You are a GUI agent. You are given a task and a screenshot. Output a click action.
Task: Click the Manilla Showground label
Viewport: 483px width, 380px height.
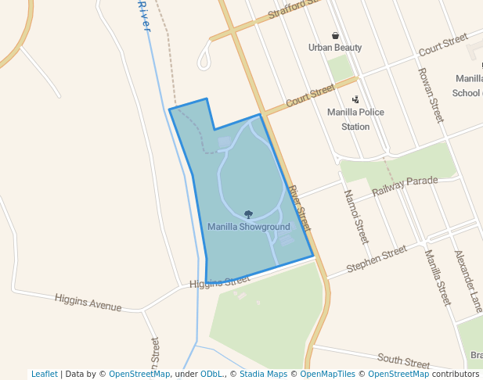click(248, 227)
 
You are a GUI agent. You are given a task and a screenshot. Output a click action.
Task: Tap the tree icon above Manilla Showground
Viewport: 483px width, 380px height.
click(248, 214)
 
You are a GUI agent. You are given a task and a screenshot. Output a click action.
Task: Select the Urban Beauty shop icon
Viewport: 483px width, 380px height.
click(335, 35)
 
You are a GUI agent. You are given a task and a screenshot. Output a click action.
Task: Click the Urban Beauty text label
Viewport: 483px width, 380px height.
click(335, 48)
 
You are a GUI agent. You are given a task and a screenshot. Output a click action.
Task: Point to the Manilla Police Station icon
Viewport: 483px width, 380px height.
click(355, 99)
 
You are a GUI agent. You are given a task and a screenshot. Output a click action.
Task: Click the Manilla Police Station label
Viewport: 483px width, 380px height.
click(355, 119)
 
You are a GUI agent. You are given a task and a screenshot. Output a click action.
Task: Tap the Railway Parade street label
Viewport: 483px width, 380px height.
click(404, 186)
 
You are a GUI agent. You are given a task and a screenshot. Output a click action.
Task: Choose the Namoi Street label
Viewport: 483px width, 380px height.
click(356, 216)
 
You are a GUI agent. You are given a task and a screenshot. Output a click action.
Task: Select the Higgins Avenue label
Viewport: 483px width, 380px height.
click(88, 302)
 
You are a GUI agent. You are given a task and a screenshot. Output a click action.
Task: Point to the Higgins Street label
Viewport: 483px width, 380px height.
click(220, 281)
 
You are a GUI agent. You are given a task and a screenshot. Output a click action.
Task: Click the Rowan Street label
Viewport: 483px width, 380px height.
click(431, 94)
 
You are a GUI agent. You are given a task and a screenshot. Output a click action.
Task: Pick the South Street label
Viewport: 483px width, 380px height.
click(403, 360)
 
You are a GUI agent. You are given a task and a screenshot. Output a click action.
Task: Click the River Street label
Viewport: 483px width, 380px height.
click(299, 207)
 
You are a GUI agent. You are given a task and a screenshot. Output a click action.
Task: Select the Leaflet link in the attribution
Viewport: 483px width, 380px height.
click(44, 374)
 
